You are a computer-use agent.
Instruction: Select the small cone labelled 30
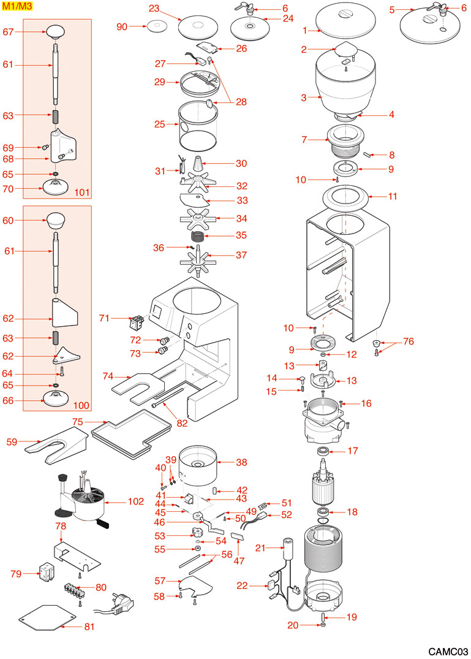point(199,165)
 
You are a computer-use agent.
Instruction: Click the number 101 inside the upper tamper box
point(82,193)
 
